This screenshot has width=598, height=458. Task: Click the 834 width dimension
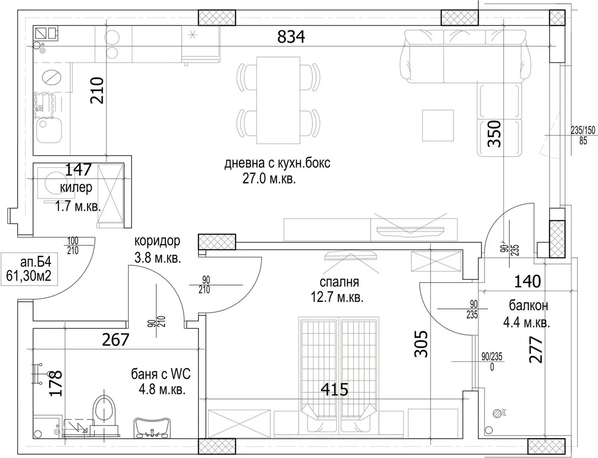point(291,37)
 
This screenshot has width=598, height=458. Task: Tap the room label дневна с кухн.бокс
point(277,163)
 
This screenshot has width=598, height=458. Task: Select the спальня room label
point(339,282)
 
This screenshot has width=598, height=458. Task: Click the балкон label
point(529,305)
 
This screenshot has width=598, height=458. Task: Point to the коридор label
point(157,241)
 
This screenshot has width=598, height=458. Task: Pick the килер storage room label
point(76,188)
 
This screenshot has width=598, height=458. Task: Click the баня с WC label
point(161,374)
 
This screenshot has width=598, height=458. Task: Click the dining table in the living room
point(278,100)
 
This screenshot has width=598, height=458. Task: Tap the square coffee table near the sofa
point(438,126)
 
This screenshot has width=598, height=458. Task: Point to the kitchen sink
point(49,130)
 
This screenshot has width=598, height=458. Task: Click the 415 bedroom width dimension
point(334,389)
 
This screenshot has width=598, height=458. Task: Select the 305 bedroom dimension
point(421,344)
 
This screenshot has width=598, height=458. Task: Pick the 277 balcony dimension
point(536,350)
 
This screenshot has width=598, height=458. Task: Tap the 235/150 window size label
point(583,130)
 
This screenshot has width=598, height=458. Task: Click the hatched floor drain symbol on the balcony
point(497,412)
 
